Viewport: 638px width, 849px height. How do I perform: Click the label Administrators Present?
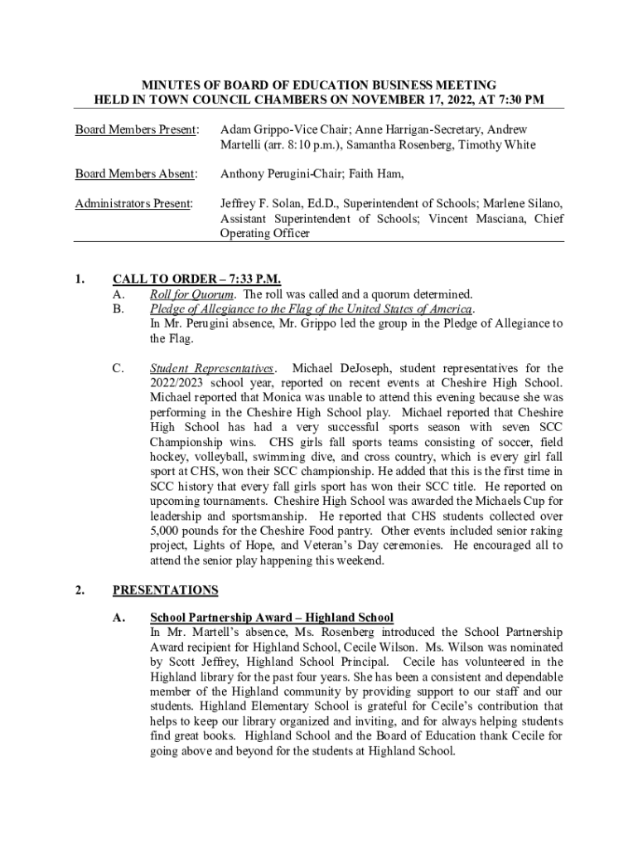134,203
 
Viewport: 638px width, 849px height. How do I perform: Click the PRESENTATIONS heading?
166,590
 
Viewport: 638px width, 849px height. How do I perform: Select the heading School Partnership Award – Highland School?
271,618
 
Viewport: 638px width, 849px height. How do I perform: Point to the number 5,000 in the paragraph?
168,531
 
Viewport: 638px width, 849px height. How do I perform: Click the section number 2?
79,590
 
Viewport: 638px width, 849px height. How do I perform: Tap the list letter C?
118,368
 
